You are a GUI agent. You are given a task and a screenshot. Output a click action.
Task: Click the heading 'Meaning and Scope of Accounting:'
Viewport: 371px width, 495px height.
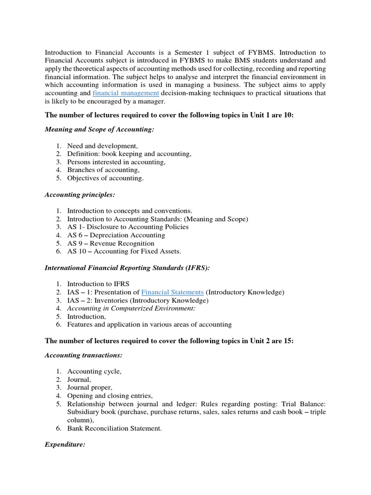click(100, 130)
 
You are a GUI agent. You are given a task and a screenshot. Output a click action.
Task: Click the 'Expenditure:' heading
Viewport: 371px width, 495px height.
click(65, 444)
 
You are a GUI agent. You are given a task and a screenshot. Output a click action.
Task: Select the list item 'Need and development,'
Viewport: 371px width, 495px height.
click(102, 146)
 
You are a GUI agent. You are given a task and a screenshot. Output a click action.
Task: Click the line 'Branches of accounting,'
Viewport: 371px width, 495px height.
click(103, 170)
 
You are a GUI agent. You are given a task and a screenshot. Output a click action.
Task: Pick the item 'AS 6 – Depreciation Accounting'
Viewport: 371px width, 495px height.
click(116, 235)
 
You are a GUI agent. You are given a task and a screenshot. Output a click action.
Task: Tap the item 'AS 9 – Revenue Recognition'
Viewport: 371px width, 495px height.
click(111, 243)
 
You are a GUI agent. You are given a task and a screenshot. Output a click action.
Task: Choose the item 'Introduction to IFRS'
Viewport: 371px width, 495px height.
click(98, 284)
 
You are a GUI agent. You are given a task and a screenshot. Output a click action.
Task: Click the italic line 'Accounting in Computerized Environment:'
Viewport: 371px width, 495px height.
click(131, 308)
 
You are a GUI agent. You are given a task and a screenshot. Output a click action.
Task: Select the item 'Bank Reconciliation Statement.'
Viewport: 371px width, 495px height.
click(114, 428)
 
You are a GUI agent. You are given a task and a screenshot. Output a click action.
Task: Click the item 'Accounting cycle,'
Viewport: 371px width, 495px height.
click(94, 371)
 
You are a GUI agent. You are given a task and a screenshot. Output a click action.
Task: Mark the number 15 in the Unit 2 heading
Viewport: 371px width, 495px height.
click(288, 341)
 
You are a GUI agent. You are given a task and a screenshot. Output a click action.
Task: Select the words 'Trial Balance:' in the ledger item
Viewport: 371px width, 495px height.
click(304, 404)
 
